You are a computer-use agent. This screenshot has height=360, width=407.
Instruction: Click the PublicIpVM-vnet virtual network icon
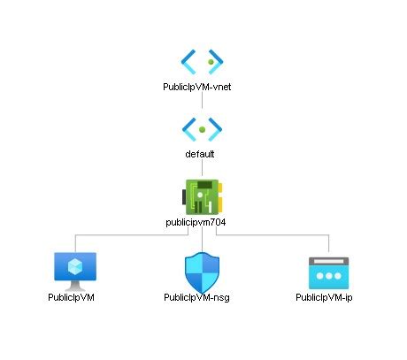[203, 60]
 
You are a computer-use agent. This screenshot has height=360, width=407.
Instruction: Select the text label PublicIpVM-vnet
[203, 87]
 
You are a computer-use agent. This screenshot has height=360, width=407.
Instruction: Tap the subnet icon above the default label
[203, 127]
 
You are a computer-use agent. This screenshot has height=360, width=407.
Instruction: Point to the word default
[203, 153]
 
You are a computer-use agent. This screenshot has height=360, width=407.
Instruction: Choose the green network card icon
[203, 195]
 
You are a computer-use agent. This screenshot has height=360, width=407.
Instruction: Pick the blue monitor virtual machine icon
[75, 271]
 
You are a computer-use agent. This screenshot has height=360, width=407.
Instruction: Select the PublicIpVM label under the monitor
[72, 297]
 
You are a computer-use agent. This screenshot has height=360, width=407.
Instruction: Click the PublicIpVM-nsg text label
[203, 297]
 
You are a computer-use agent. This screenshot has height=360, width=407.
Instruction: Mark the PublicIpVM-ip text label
[325, 297]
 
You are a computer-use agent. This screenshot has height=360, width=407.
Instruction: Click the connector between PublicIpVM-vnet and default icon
[203, 101]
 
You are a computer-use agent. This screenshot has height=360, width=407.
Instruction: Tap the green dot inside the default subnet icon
[203, 129]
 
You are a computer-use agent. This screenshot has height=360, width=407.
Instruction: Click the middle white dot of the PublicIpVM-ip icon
[328, 276]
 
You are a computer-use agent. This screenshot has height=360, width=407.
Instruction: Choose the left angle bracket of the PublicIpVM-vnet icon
[188, 60]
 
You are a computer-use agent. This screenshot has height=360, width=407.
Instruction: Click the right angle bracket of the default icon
[217, 127]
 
